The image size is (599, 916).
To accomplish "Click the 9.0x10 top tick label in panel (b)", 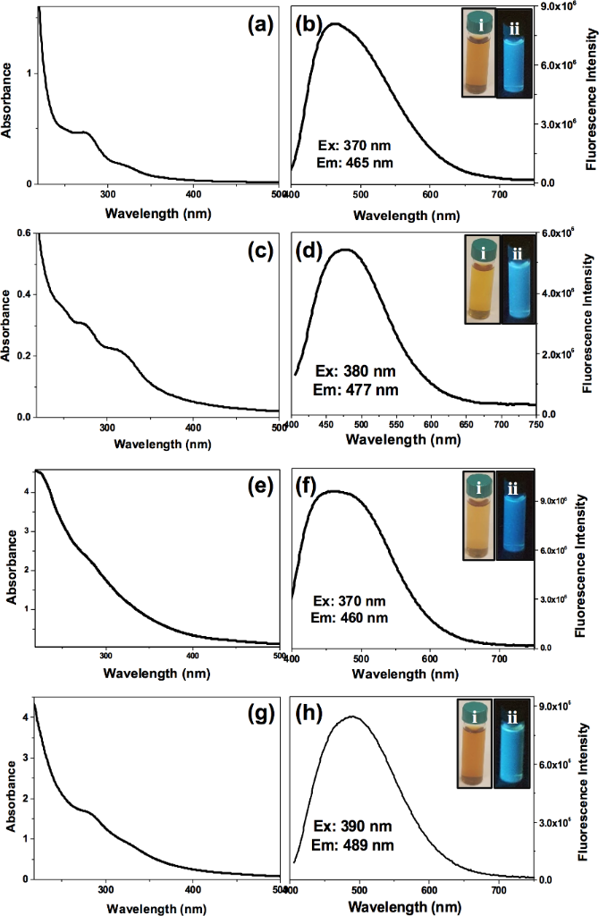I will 563,7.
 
